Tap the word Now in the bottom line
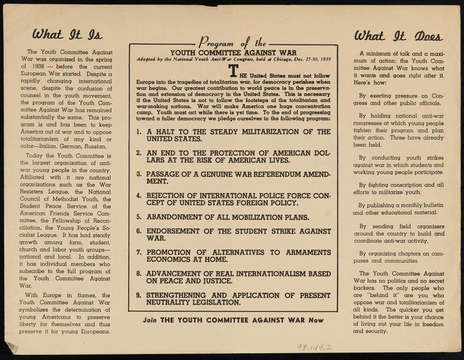(x=316, y=321)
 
